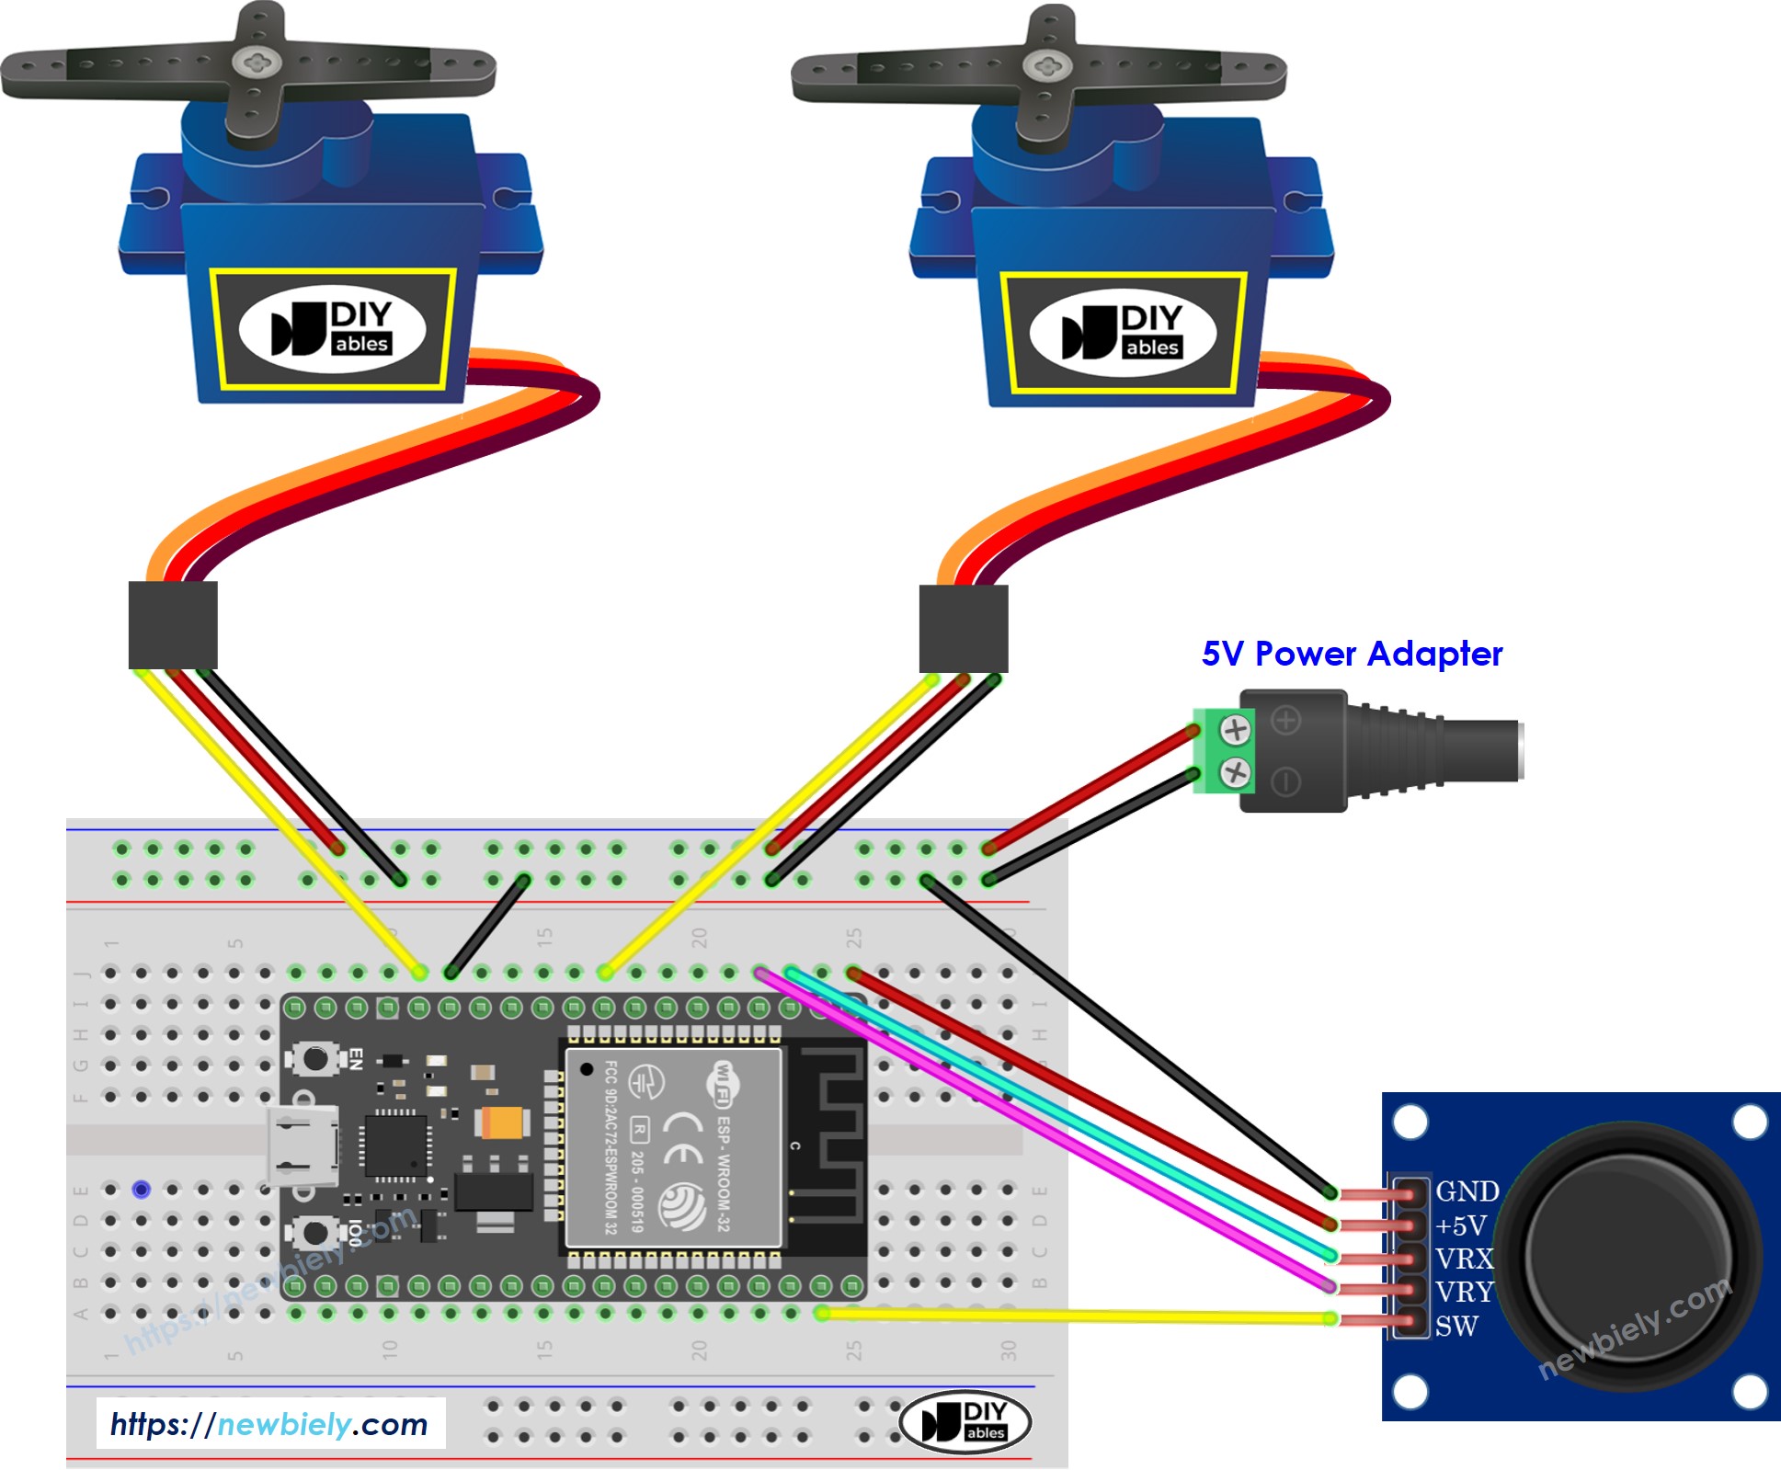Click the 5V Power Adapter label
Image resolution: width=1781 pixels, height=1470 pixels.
point(1352,654)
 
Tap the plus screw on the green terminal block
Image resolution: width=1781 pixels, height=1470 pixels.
point(1235,731)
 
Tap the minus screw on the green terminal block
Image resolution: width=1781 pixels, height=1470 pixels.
point(1235,772)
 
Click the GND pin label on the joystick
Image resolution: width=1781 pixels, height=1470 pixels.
point(1467,1191)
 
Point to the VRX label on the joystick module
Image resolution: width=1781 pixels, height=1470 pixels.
point(1464,1259)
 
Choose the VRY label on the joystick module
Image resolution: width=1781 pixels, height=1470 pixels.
point(1464,1292)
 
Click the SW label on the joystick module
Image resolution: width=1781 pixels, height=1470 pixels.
point(1456,1326)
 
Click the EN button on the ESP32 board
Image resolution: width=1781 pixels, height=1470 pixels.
point(315,1058)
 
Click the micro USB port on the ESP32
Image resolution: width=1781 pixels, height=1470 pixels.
point(302,1145)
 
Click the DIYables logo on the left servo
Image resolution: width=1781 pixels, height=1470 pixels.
point(332,328)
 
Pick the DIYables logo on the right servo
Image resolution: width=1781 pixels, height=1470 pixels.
point(1123,332)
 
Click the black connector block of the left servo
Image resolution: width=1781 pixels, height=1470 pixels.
point(173,625)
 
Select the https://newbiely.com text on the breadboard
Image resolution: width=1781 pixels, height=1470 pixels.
point(269,1424)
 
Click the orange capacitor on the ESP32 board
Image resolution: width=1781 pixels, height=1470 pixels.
point(502,1122)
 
